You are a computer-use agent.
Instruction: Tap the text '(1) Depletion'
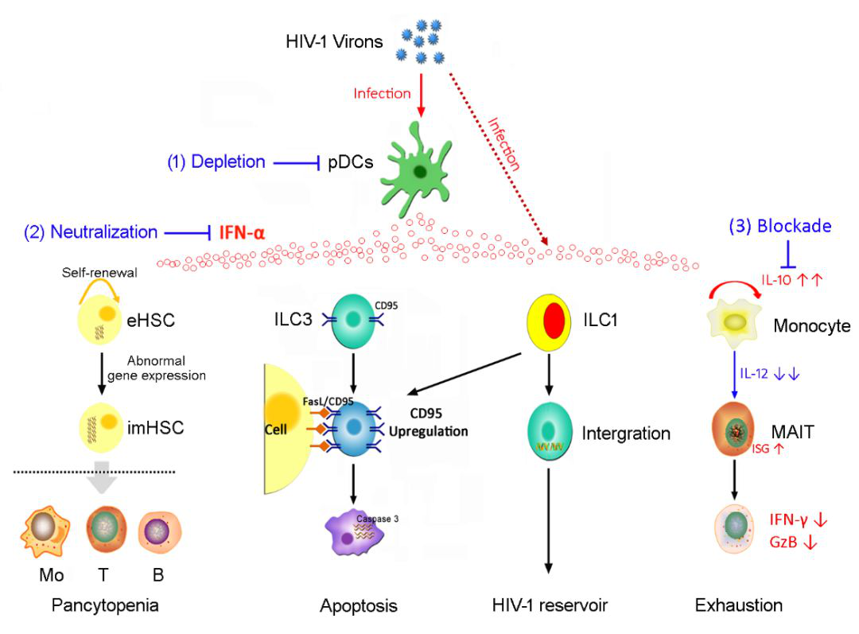[216, 162]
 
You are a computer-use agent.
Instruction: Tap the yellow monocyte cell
[734, 323]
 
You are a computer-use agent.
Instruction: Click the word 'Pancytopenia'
[105, 605]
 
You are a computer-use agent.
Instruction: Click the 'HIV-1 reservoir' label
[550, 606]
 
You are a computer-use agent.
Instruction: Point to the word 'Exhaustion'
[738, 606]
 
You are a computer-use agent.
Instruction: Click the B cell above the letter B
[160, 531]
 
